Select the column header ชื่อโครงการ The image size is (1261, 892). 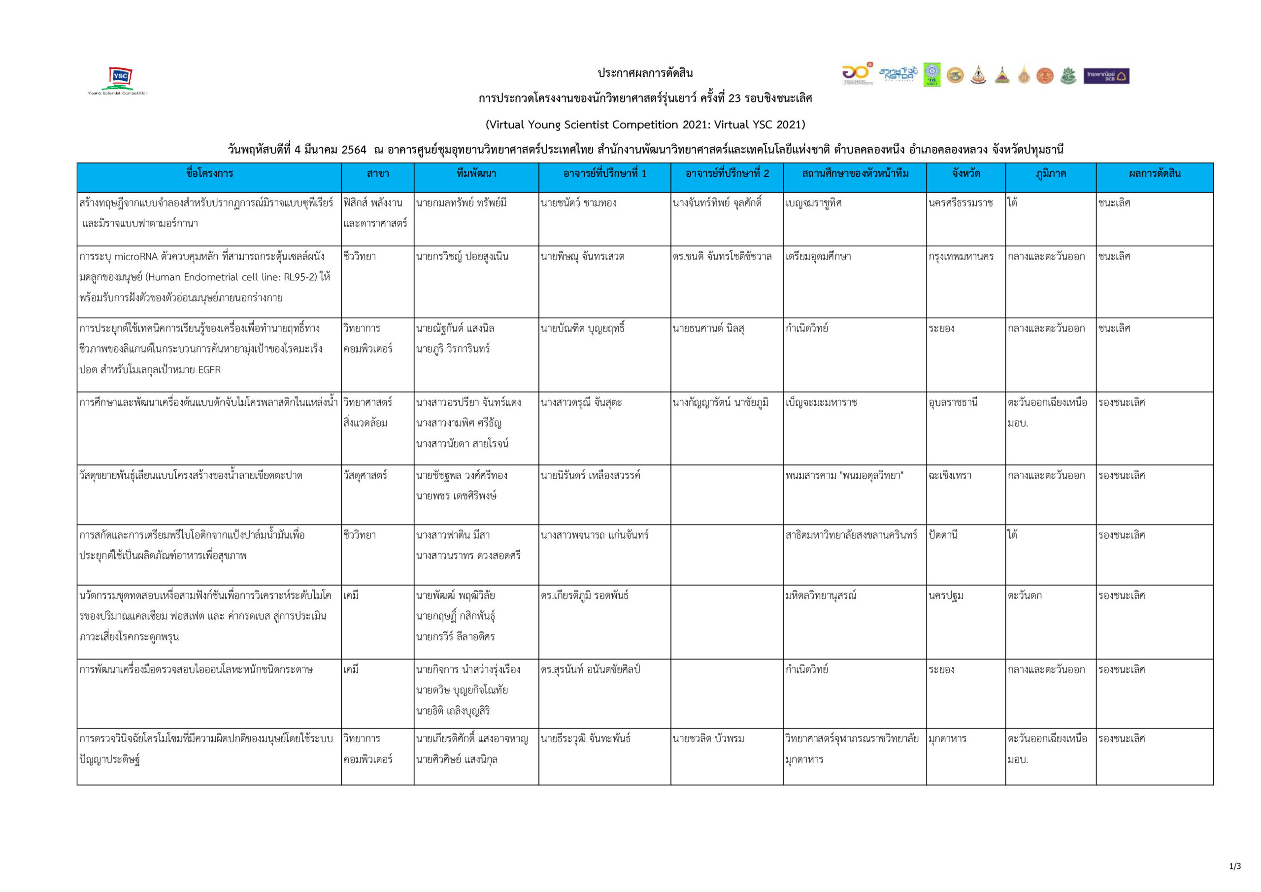(x=209, y=173)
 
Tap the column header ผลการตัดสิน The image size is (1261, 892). (x=1154, y=173)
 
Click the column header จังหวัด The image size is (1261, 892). (x=965, y=173)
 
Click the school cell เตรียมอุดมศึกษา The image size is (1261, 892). (x=818, y=257)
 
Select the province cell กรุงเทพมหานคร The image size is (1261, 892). (x=961, y=257)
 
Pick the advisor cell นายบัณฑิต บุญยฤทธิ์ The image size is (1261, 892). (x=582, y=329)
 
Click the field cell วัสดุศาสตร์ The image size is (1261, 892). (x=365, y=476)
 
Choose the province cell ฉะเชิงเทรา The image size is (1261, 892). (x=950, y=476)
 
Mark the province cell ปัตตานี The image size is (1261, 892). (x=943, y=535)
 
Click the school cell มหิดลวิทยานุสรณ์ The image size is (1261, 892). (x=821, y=595)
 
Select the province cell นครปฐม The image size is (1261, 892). (x=946, y=595)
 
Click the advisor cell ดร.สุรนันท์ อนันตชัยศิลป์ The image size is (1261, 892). (x=591, y=669)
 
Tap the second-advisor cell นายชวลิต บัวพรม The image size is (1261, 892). (x=708, y=739)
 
